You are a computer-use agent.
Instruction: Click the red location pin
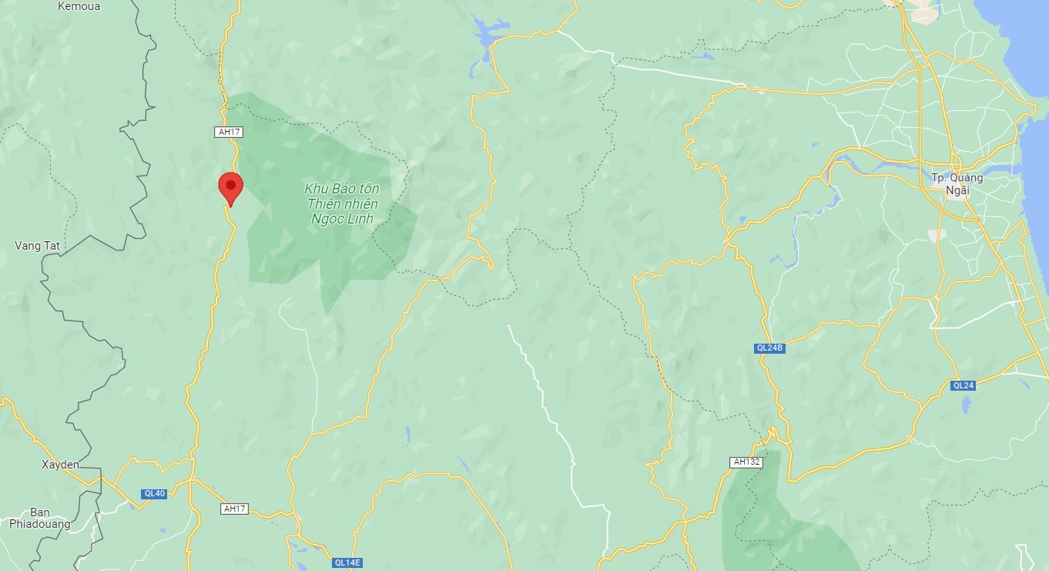[x=230, y=187]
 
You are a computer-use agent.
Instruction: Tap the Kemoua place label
[x=79, y=6]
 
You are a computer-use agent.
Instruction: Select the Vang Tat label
[x=37, y=246]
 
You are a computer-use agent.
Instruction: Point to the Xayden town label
[x=60, y=465]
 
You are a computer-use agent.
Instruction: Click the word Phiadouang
[x=40, y=524]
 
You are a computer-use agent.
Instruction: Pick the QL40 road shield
[x=154, y=494]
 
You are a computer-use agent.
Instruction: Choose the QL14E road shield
[x=347, y=563]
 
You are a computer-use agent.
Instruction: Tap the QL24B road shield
[x=769, y=348]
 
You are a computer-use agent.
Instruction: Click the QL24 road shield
[x=964, y=385]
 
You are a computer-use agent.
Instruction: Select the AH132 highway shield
[x=746, y=462]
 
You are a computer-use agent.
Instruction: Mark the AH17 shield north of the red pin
[x=230, y=132]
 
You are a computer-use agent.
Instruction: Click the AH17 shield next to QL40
[x=234, y=509]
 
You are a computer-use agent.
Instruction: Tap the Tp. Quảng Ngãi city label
[x=957, y=183]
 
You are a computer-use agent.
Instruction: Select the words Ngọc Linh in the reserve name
[x=341, y=219]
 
